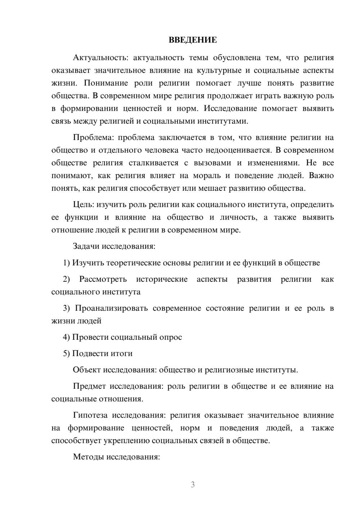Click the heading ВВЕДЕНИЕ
[x=193, y=40]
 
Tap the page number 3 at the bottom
[x=193, y=485]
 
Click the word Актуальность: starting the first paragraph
[x=95, y=58]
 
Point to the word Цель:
[x=84, y=205]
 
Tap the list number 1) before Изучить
[x=67, y=263]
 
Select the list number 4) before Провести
[x=67, y=337]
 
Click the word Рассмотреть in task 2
[x=103, y=279]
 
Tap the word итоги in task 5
[x=121, y=353]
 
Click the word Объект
[x=87, y=370]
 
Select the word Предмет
[x=89, y=387]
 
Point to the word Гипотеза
[x=90, y=415]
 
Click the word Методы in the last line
[x=87, y=457]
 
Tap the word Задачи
[x=86, y=247]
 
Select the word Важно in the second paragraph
[x=321, y=176]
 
